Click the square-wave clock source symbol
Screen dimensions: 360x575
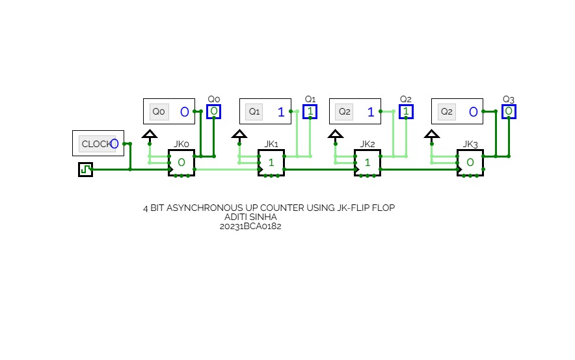85,169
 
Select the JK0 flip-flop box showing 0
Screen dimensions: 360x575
181,162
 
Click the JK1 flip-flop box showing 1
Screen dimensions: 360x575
271,162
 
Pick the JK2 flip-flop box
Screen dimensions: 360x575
368,162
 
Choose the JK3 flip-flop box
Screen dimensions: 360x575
470,162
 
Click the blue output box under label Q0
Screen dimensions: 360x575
214,111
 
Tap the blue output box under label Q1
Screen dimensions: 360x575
310,111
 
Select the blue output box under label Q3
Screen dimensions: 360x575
509,111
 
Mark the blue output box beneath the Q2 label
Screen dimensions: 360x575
407,111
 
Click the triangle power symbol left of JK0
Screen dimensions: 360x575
150,135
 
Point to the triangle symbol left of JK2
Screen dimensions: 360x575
335,135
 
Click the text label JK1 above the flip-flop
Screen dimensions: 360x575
271,144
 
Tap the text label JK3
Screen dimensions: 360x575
470,144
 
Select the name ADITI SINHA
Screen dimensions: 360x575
250,217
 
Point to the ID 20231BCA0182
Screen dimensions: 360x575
250,226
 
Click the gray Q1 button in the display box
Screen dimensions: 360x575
254,111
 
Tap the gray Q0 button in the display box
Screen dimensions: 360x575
158,111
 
